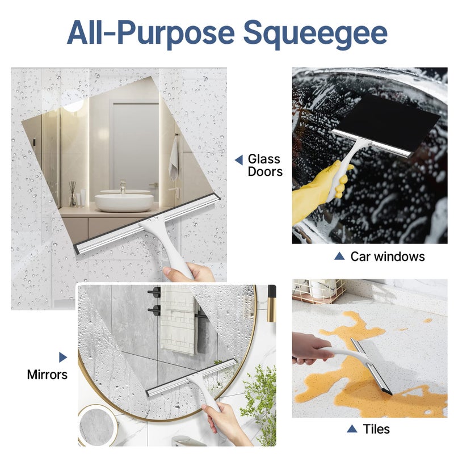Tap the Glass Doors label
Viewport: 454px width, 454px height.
tap(264, 165)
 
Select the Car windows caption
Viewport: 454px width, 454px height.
tap(387, 257)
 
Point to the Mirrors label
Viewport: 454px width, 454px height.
tap(47, 375)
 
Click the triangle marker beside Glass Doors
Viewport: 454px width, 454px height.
tap(239, 161)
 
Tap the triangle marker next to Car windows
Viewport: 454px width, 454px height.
tap(339, 257)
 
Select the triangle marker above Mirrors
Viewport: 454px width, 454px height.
tap(62, 358)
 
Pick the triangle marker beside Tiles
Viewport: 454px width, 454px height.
tap(352, 428)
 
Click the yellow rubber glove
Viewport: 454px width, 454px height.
tap(315, 196)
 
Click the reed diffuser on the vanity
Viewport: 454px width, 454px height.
tap(73, 194)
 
